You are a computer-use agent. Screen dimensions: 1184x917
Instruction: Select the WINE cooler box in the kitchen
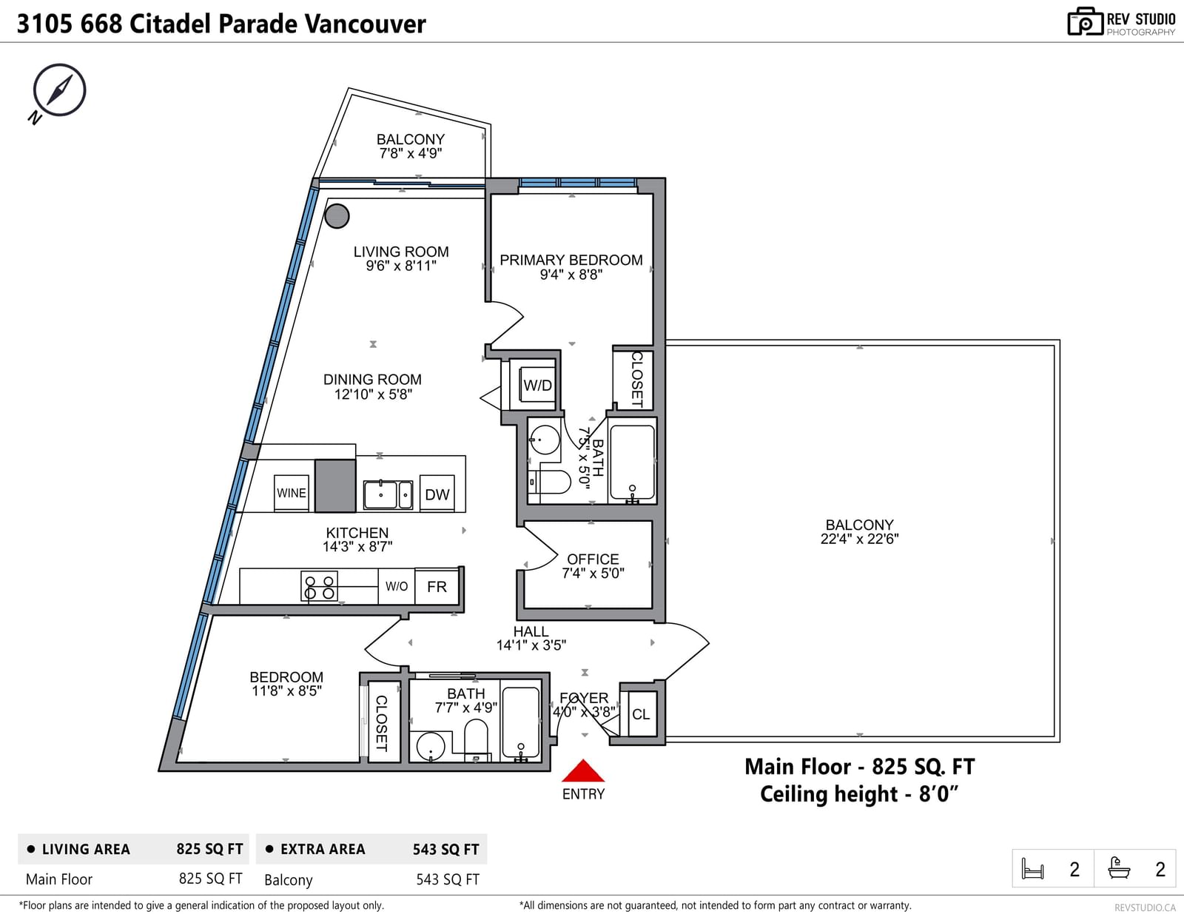[x=292, y=493]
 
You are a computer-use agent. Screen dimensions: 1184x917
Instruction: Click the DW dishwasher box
[x=437, y=494]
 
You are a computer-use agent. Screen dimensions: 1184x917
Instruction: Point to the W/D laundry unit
[x=538, y=385]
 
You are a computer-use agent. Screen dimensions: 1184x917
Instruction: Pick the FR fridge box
[x=437, y=586]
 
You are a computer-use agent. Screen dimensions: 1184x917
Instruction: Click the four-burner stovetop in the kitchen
[x=319, y=587]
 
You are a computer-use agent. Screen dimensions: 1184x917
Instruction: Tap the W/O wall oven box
[x=396, y=586]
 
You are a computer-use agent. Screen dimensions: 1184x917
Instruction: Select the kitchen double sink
[x=388, y=494]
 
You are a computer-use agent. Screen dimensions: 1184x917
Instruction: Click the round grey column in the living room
[x=337, y=216]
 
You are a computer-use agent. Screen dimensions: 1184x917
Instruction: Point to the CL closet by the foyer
[x=641, y=713]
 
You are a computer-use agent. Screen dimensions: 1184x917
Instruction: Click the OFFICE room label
[x=593, y=559]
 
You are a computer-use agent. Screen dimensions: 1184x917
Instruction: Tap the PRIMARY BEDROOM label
[x=571, y=260]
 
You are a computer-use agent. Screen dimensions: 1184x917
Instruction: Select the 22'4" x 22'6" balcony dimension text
[x=859, y=539]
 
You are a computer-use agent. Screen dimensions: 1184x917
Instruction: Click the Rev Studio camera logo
[x=1084, y=21]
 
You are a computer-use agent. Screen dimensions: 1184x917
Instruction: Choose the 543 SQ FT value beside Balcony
[x=448, y=879]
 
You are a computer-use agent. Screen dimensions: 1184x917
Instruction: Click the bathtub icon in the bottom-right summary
[x=1119, y=868]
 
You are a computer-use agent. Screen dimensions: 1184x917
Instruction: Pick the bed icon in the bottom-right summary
[x=1032, y=869]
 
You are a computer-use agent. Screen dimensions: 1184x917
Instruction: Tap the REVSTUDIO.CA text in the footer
[x=1145, y=907]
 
